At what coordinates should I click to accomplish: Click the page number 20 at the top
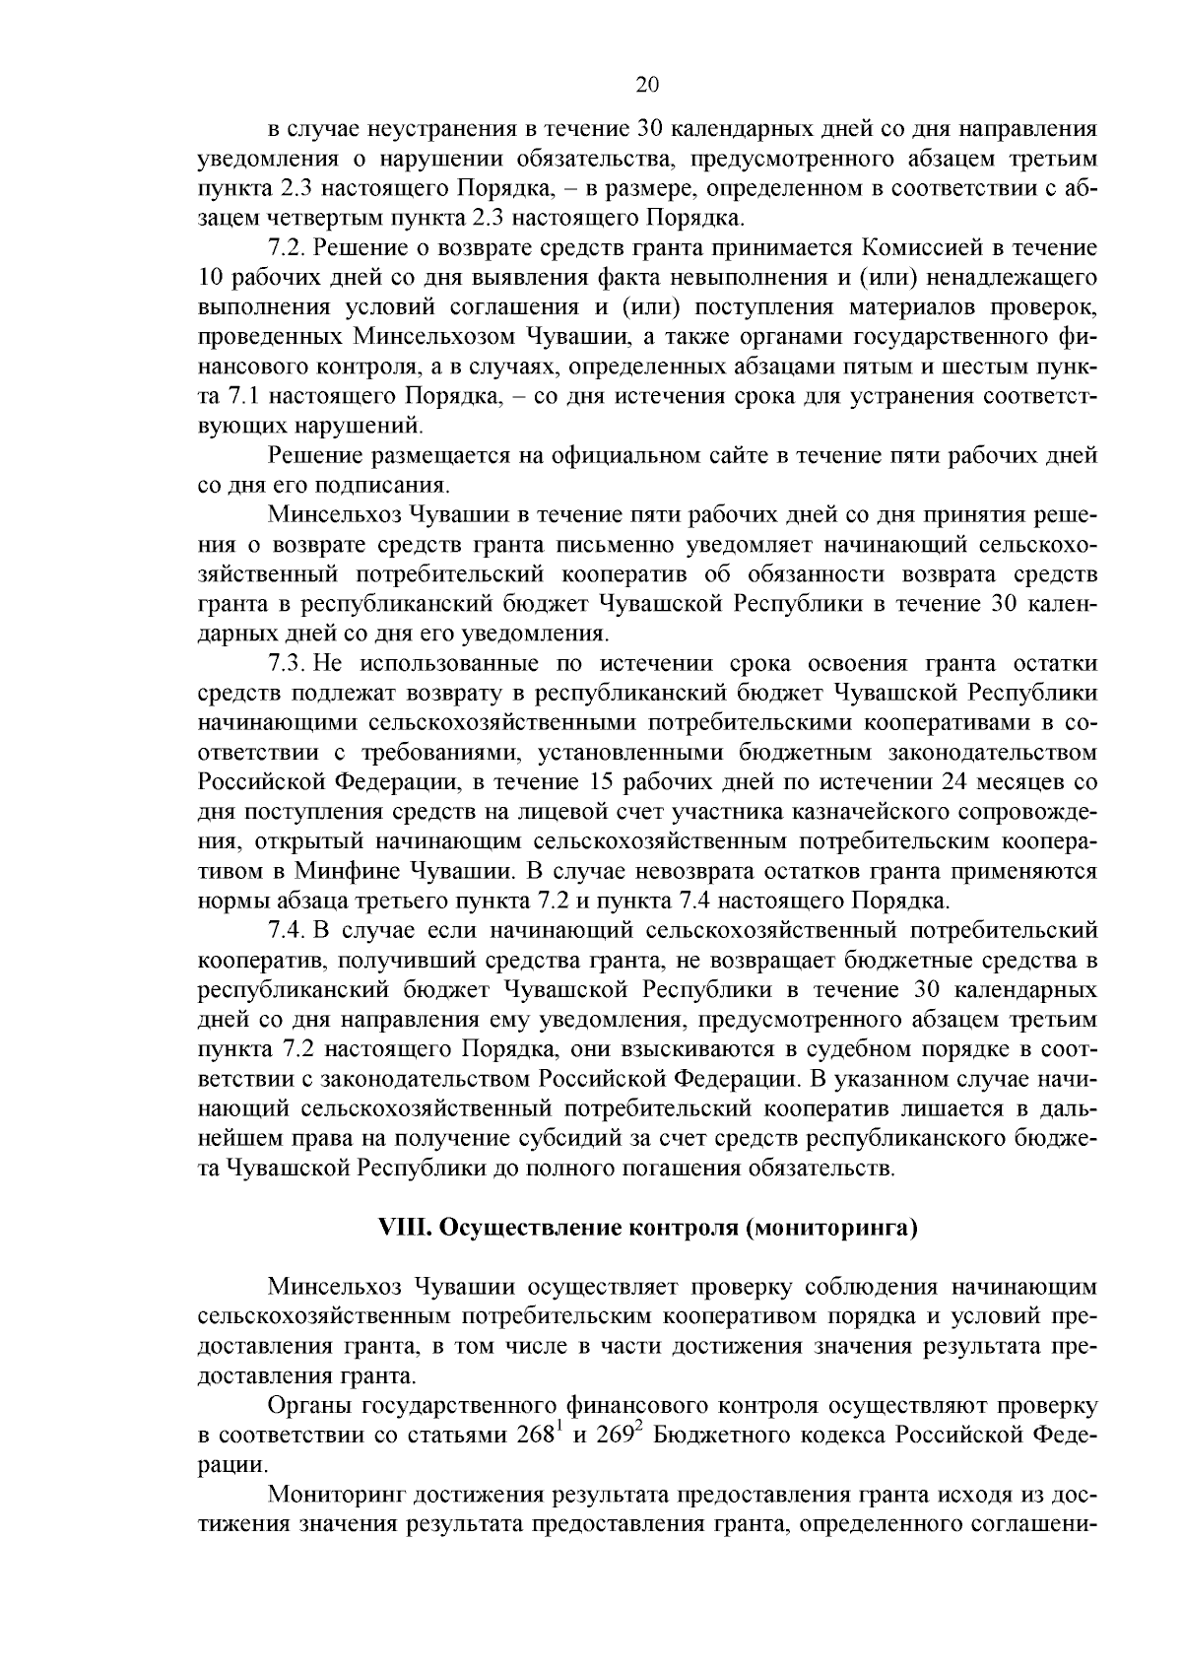pyautogui.click(x=646, y=85)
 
